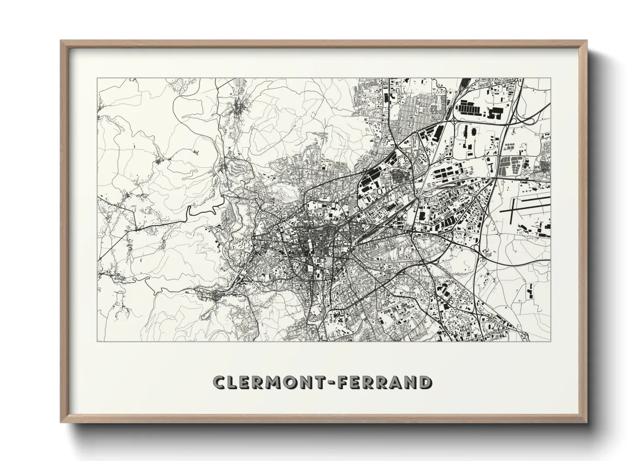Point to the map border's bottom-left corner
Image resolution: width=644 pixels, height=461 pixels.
coord(97,341)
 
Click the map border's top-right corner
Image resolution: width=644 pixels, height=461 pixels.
coord(551,78)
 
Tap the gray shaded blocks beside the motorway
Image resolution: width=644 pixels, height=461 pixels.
coord(507,166)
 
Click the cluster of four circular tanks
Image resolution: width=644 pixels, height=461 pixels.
coord(509,147)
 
